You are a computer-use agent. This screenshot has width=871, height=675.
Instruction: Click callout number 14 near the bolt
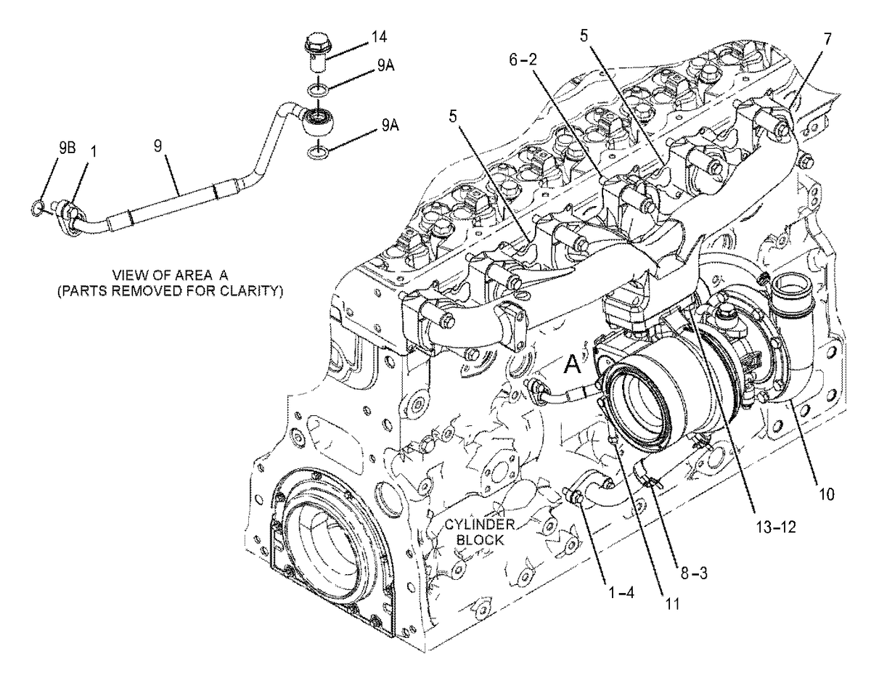tap(378, 37)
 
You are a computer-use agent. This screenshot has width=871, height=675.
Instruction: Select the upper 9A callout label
tap(385, 66)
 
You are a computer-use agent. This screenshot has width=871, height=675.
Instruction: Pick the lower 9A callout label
tap(389, 126)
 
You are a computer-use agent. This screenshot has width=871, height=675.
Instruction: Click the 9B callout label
tap(68, 148)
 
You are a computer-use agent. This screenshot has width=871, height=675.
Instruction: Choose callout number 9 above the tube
tap(158, 147)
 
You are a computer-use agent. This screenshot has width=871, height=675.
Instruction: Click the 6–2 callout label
tap(523, 60)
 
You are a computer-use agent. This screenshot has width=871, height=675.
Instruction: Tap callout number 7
tap(827, 39)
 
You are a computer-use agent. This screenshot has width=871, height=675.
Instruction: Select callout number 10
tap(827, 494)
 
